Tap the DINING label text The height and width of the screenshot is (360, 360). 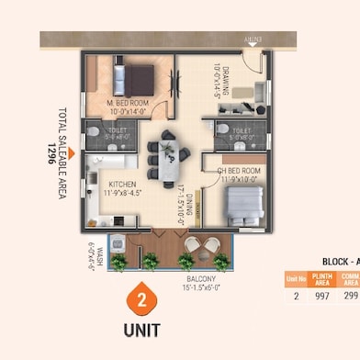point(182,202)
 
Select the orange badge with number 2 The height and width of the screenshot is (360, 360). point(141,300)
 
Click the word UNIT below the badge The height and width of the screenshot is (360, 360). point(141,328)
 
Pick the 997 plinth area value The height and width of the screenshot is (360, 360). point(321,296)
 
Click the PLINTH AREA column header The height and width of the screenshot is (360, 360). point(321,278)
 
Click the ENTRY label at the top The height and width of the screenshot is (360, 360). point(253,39)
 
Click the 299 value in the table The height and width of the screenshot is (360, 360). point(350,296)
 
